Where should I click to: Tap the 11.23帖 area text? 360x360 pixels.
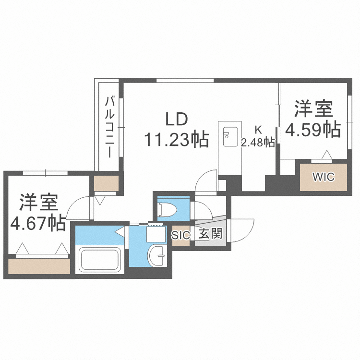click(x=177, y=139)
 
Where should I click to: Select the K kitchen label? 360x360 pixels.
click(x=258, y=129)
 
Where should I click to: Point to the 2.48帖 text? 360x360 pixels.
click(x=258, y=142)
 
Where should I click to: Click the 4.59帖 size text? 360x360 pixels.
click(x=313, y=129)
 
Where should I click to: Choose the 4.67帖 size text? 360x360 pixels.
click(x=38, y=223)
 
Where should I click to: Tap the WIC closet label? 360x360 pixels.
click(x=323, y=177)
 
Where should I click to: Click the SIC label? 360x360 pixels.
click(x=181, y=235)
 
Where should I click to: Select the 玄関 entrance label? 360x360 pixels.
click(x=210, y=235)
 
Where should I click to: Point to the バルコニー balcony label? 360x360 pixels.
click(x=110, y=127)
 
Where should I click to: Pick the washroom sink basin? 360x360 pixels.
click(x=156, y=255)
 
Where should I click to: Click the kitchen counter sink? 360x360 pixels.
click(x=228, y=136)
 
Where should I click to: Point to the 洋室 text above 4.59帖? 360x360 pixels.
click(x=313, y=108)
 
